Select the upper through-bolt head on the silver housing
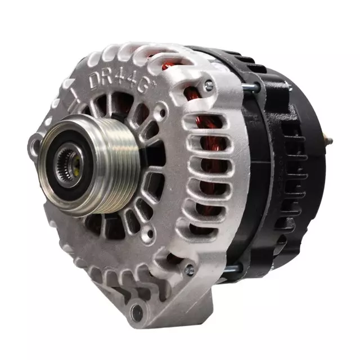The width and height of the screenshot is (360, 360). pyautogui.click(x=209, y=85)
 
